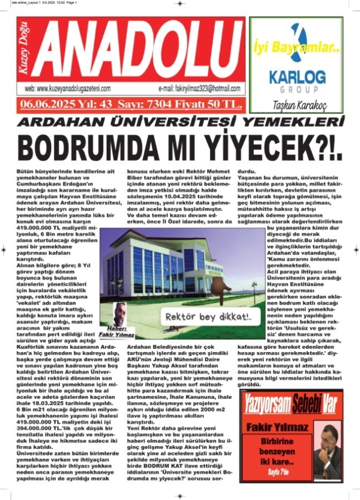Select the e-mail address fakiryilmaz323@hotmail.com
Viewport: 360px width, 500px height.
coord(199,89)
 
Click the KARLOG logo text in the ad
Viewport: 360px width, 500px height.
coord(297,76)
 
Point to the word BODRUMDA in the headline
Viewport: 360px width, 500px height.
coord(98,147)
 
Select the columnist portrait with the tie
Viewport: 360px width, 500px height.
coord(327,449)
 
